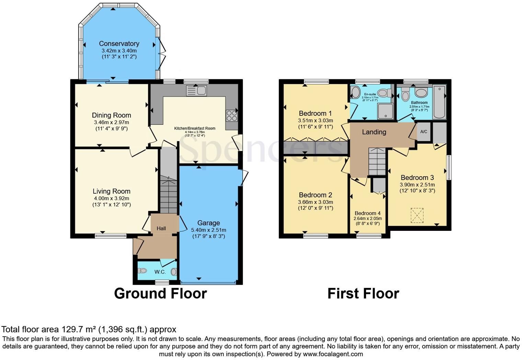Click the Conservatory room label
[x=119, y=44]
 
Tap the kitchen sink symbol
[x=196, y=91]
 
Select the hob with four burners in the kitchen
[x=231, y=115]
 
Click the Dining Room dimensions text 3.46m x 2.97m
[x=111, y=122]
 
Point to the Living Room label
[x=111, y=191]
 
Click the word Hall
[x=161, y=228]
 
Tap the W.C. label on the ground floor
[x=160, y=272]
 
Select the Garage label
[x=208, y=223]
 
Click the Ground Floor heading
[x=160, y=294]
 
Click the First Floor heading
[x=363, y=294]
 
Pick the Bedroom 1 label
[x=315, y=113]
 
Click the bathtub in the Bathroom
[x=439, y=102]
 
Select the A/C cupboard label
[x=424, y=132]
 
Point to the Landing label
[x=374, y=132]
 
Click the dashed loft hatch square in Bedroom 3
[x=417, y=215]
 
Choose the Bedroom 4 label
[x=367, y=213]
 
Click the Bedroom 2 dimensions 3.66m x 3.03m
[x=315, y=202]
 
